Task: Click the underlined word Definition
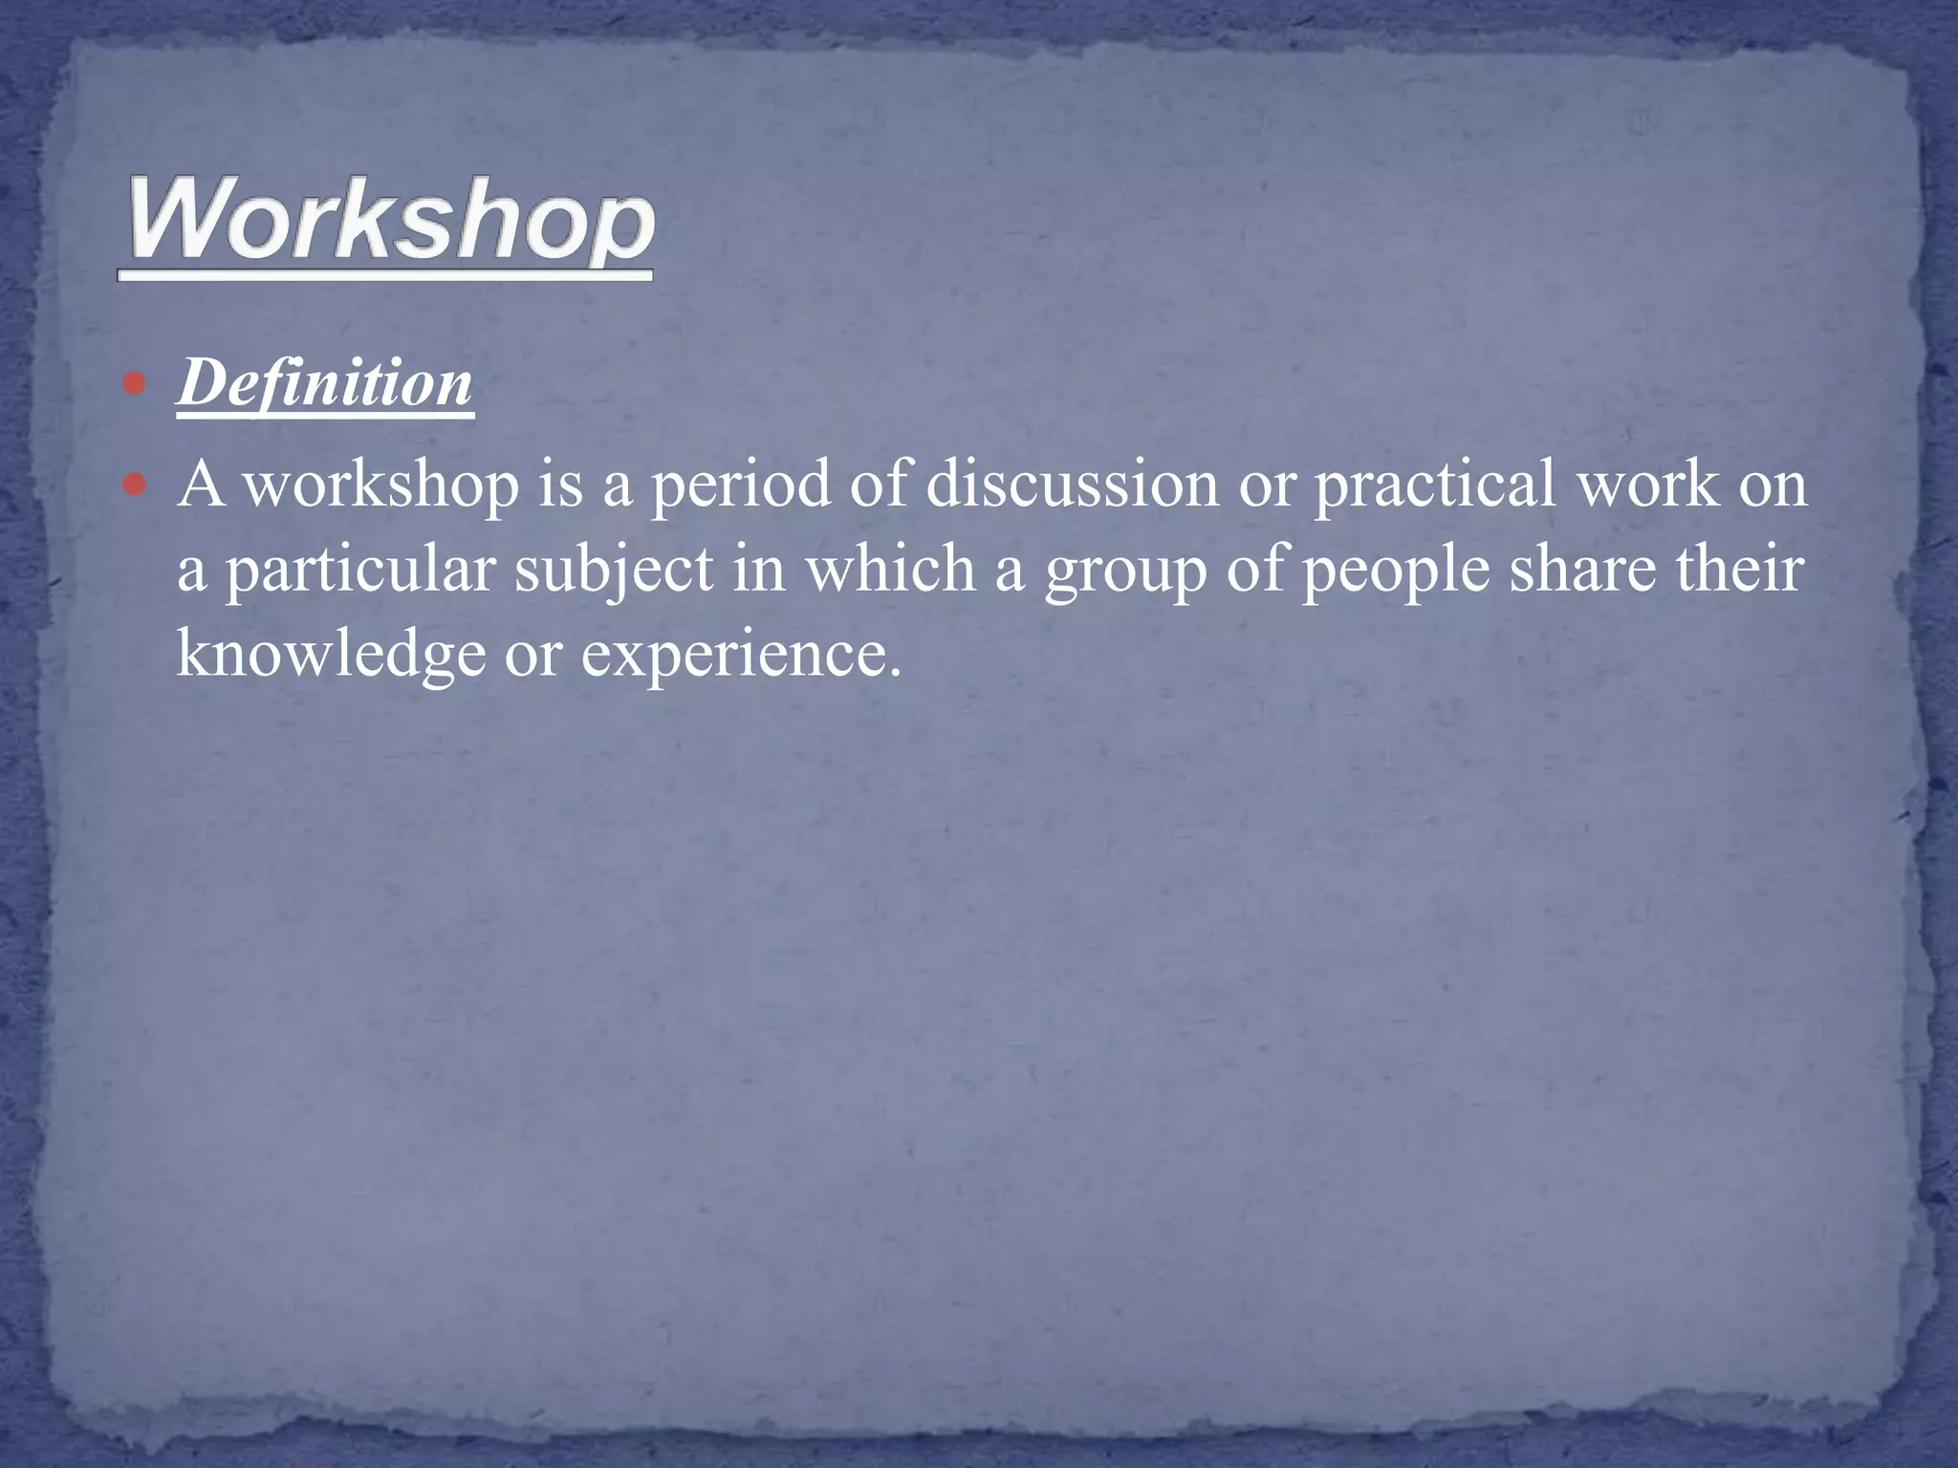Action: [x=325, y=384]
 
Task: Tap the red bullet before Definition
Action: [x=136, y=384]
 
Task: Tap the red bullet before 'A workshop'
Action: [x=136, y=486]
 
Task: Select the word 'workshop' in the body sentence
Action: [x=381, y=486]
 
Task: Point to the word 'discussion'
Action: [x=1071, y=484]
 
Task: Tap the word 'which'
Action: [x=889, y=569]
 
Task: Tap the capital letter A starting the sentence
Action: [x=201, y=484]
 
